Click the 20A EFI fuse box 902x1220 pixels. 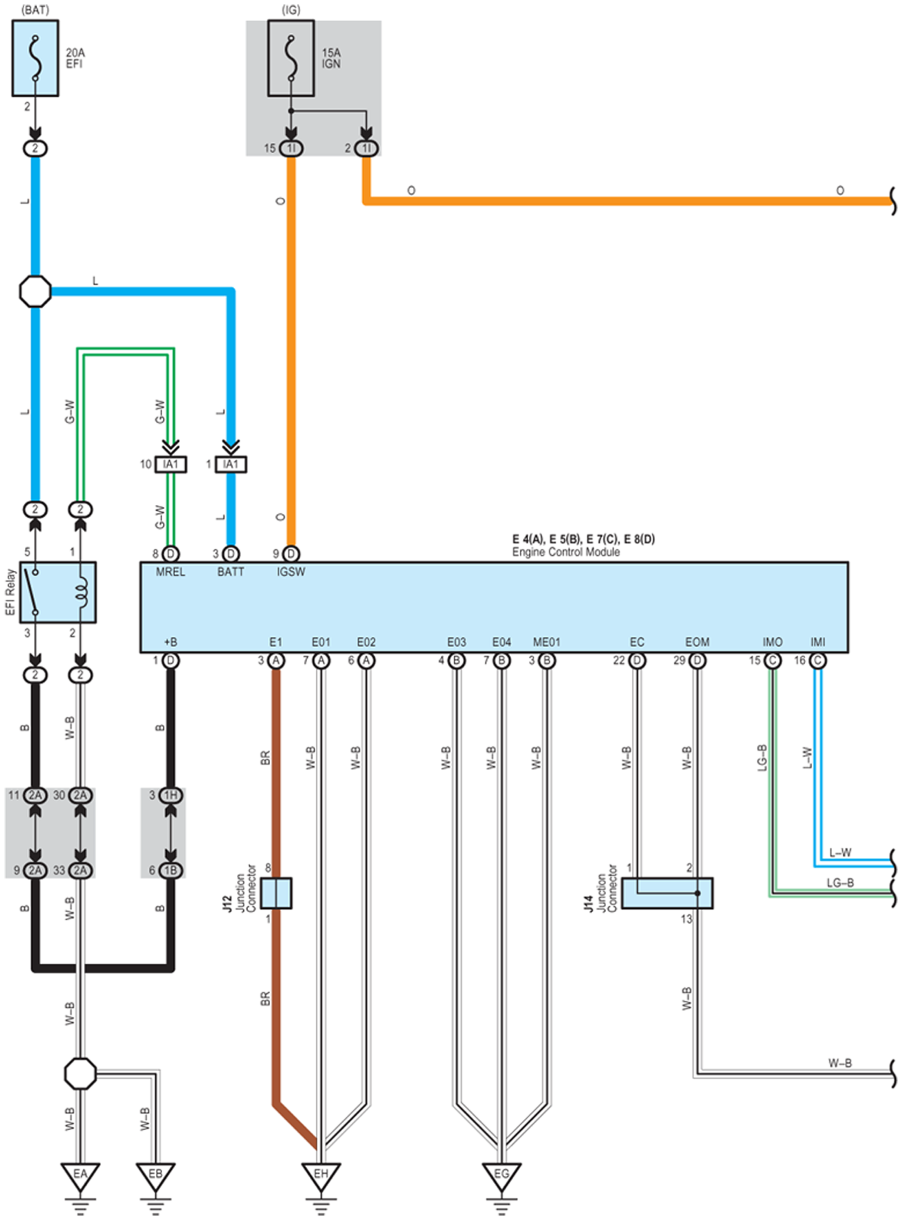[x=35, y=59]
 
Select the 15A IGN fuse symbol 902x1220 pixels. [x=291, y=59]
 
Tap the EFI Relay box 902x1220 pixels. [x=58, y=592]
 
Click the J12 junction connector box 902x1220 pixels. [x=277, y=893]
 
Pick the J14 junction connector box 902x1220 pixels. [x=667, y=893]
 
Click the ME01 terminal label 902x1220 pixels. [x=547, y=642]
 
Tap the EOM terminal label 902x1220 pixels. [x=697, y=642]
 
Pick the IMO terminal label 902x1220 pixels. [x=772, y=642]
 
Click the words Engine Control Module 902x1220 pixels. [x=565, y=552]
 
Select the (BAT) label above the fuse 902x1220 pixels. [x=35, y=10]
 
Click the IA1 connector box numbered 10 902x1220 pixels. [x=171, y=465]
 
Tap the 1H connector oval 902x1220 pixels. [x=170, y=795]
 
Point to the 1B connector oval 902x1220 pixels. [x=170, y=870]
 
